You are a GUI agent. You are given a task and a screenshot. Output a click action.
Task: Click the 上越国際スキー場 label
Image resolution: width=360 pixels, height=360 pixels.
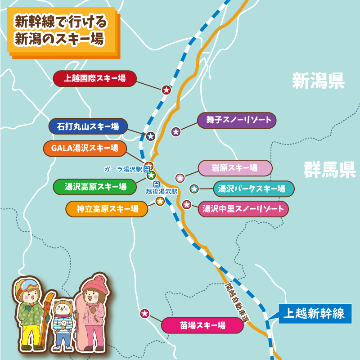[94, 79]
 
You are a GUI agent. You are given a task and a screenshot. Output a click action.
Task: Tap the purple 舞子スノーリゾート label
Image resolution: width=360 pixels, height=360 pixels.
[237, 120]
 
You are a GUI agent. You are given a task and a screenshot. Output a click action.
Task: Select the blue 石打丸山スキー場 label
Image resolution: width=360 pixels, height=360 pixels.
[88, 126]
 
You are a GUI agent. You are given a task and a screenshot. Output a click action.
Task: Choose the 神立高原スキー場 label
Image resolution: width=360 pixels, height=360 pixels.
[107, 209]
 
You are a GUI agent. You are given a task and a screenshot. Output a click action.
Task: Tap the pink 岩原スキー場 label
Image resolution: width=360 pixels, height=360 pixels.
[235, 168]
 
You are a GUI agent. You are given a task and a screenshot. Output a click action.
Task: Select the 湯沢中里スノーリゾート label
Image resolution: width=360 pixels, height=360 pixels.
[243, 209]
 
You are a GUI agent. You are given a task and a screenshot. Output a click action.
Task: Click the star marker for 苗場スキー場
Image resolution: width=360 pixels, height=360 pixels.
[145, 314]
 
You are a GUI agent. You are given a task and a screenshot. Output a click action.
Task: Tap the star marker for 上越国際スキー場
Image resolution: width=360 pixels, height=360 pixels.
[166, 90]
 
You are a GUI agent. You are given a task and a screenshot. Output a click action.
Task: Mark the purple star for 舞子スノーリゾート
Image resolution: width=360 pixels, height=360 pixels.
[176, 132]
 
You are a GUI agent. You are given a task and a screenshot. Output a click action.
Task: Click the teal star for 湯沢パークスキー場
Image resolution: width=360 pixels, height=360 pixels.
[194, 189]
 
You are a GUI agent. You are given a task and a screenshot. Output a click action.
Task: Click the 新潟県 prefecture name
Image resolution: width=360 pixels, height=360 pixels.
[318, 81]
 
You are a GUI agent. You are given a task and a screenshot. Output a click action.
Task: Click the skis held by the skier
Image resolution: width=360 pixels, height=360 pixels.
[48, 310]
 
